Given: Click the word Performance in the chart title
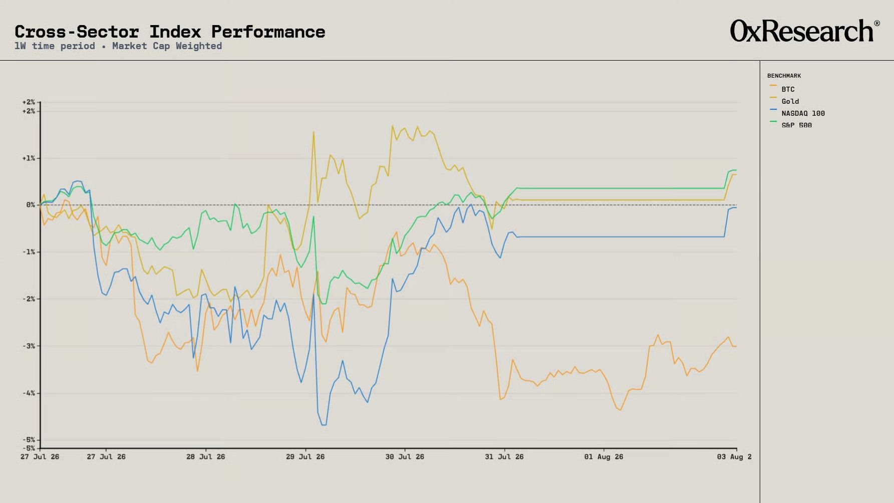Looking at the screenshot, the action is [x=268, y=32].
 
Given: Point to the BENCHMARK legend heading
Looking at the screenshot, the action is [x=784, y=76].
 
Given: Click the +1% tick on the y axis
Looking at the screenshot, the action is [x=28, y=158].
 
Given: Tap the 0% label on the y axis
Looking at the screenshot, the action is [x=31, y=205].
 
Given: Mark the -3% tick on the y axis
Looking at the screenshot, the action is [x=28, y=346].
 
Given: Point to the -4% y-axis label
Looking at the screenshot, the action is [x=28, y=393].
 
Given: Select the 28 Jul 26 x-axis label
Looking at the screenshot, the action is [x=205, y=457].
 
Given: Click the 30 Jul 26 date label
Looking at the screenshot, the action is [x=405, y=457].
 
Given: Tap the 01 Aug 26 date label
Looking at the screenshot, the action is [x=604, y=457].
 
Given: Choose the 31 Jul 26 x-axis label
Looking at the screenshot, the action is [x=504, y=457].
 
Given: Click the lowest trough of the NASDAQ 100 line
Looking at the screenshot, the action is [x=324, y=425].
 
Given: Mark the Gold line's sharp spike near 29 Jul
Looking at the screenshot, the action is [x=314, y=132].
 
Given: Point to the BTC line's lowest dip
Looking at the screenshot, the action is [x=621, y=410].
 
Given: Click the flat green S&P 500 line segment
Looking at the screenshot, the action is [x=620, y=188].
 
